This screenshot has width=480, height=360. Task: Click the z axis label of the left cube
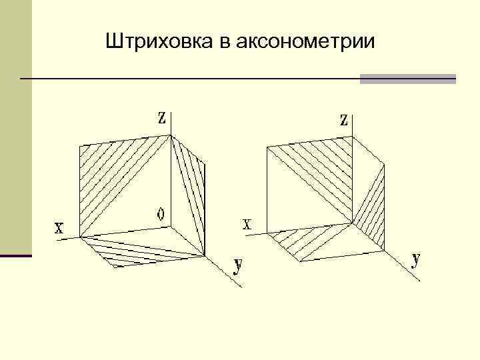pyautogui.click(x=161, y=117)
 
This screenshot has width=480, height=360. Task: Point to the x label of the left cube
pyautogui.click(x=59, y=229)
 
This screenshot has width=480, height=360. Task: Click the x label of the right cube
pyautogui.click(x=247, y=224)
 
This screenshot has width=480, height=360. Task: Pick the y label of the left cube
pyautogui.click(x=237, y=265)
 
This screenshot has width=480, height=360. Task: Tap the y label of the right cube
pyautogui.click(x=416, y=259)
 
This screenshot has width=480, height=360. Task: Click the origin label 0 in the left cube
pyautogui.click(x=160, y=214)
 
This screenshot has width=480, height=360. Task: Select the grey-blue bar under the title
pyautogui.click(x=407, y=79)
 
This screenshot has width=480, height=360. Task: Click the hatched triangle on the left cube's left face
pyautogui.click(x=107, y=173)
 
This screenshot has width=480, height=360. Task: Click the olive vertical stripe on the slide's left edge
pyautogui.click(x=15, y=127)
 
